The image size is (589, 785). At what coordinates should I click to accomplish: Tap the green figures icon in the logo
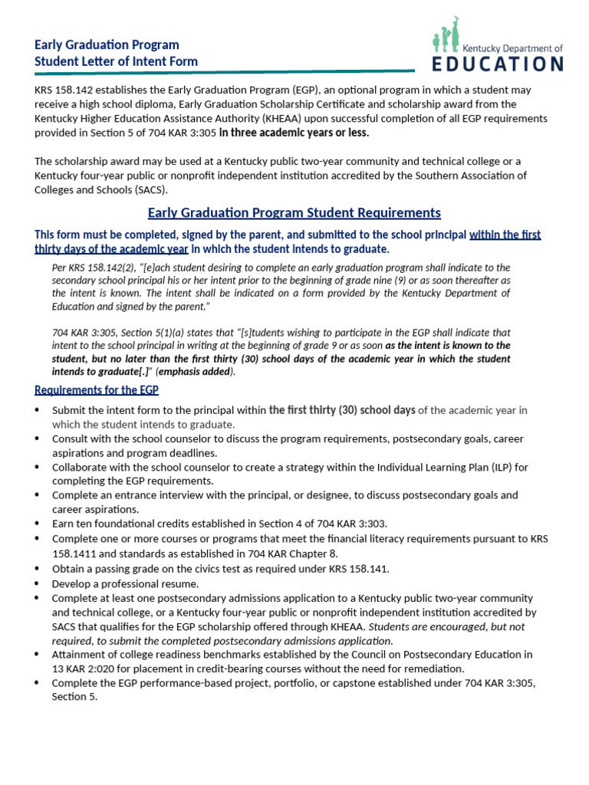click(x=447, y=36)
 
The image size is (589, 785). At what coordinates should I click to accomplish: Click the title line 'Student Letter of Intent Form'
click(x=116, y=61)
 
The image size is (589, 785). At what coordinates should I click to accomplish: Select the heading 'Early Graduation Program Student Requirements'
click(x=294, y=212)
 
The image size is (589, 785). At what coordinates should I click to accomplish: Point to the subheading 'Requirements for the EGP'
click(x=97, y=389)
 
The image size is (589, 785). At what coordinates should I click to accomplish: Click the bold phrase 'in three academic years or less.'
click(x=294, y=133)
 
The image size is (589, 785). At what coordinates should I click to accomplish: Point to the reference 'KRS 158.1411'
click(x=84, y=553)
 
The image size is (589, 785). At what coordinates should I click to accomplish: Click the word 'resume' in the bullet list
click(x=177, y=583)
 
